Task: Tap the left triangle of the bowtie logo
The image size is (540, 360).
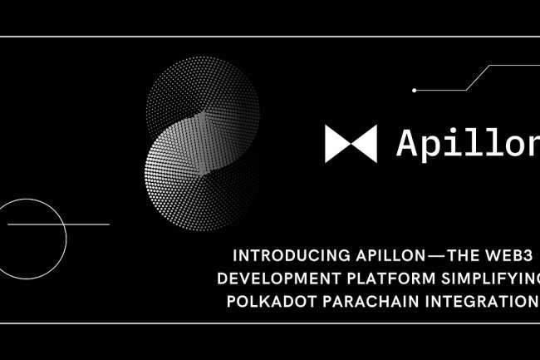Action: point(336,143)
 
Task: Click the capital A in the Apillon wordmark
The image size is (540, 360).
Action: point(408,142)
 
